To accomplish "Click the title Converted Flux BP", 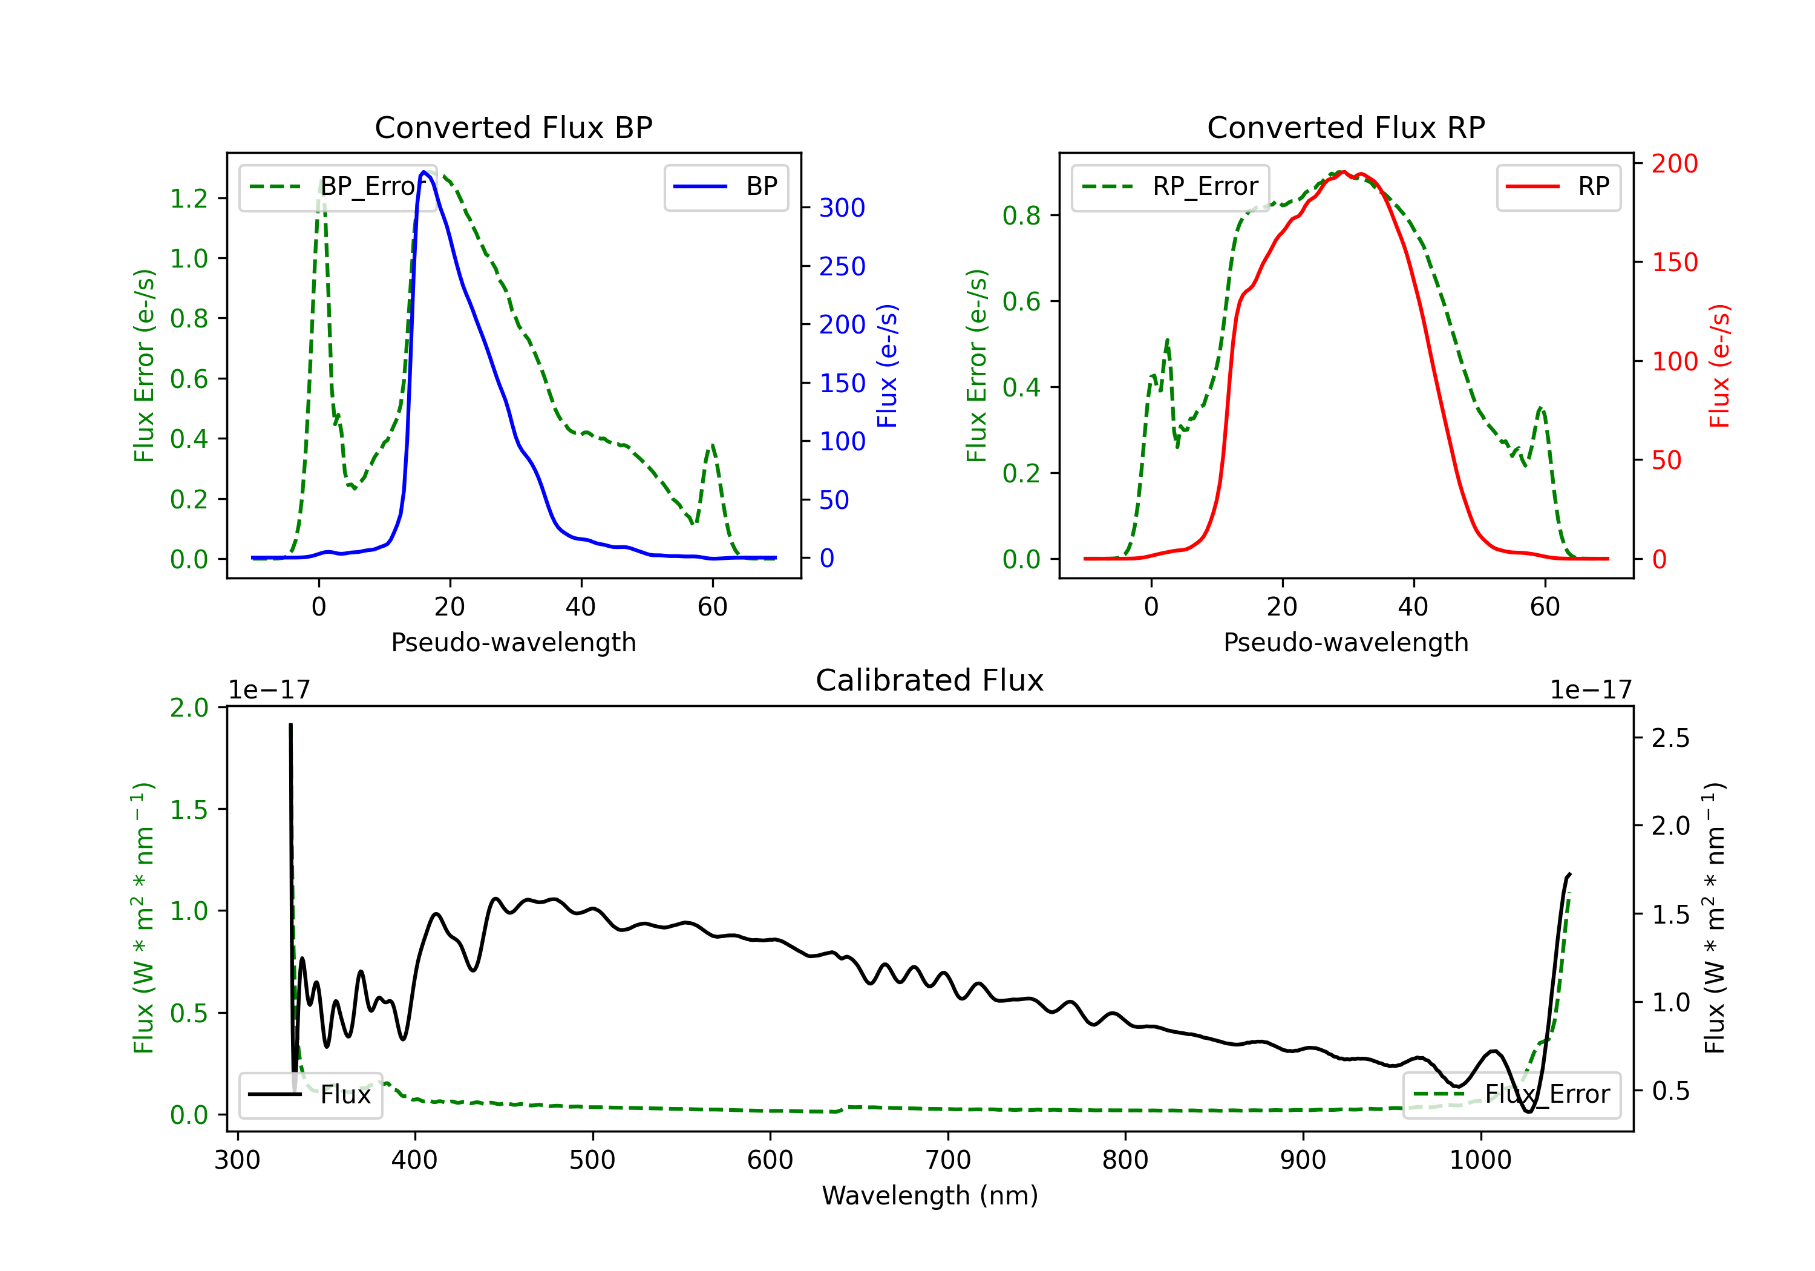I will click(x=513, y=127).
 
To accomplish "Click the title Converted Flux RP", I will click(x=1346, y=127).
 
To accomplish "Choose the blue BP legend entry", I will click(x=725, y=186).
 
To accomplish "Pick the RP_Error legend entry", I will click(x=1170, y=186).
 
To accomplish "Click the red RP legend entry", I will click(x=1557, y=186).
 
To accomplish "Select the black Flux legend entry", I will click(x=310, y=1095).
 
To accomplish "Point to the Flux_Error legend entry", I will click(x=1511, y=1095).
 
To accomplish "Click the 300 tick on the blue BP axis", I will click(x=842, y=208).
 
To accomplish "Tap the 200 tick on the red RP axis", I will click(x=1674, y=164).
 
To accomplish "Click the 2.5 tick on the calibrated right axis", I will click(x=1670, y=739).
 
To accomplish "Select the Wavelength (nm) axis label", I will click(x=930, y=1196).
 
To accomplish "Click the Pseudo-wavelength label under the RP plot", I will click(x=1346, y=642).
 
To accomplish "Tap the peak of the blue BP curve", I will click(x=423, y=172).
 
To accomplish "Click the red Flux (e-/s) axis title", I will click(x=1720, y=366).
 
